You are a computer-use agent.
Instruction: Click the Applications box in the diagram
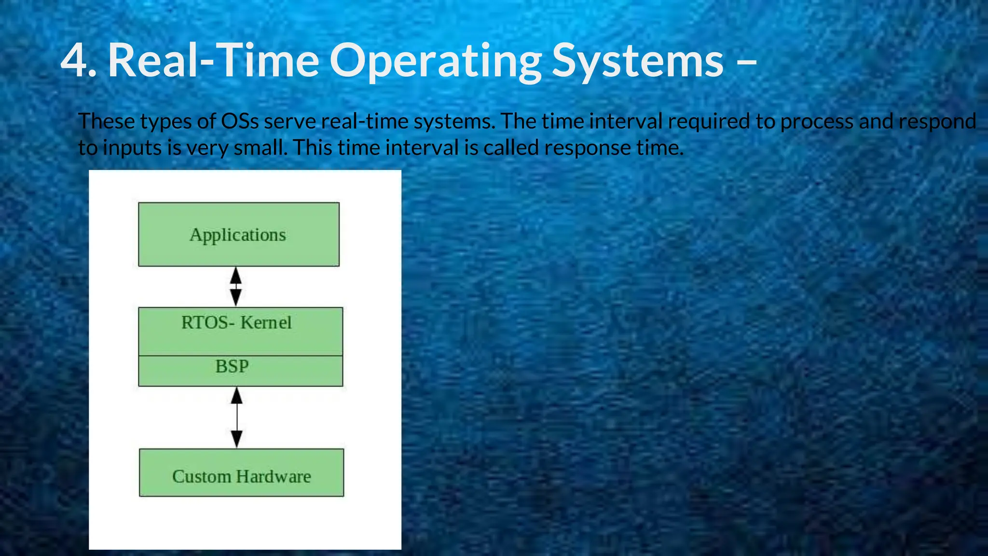pos(238,235)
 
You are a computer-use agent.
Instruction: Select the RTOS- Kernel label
pos(236,322)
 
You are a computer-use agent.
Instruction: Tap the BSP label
pos(232,366)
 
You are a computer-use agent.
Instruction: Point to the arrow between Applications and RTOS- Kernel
pos(235,287)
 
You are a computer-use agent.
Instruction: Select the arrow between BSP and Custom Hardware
pos(237,417)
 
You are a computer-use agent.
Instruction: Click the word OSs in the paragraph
pos(240,121)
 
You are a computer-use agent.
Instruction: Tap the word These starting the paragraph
pos(106,121)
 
